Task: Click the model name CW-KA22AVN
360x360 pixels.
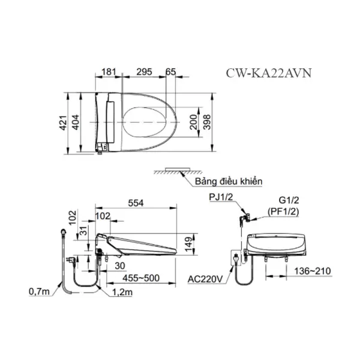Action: point(269,73)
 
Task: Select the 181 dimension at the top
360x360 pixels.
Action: point(109,72)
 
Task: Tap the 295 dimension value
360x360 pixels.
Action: point(144,72)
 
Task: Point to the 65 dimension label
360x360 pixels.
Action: point(170,72)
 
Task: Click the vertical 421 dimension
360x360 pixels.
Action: point(64,123)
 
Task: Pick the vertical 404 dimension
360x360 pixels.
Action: point(76,122)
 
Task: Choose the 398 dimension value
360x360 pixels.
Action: point(206,122)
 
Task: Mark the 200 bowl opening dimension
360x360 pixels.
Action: point(194,122)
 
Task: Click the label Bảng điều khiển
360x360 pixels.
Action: point(229,181)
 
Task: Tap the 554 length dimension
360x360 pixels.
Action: point(136,203)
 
